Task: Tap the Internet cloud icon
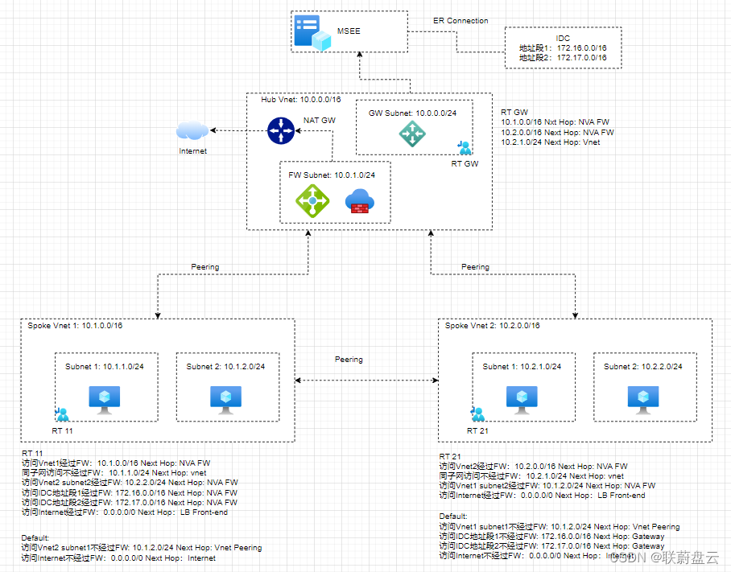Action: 192,130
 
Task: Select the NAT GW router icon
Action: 282,130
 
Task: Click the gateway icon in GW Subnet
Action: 412,134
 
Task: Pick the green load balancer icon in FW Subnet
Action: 312,200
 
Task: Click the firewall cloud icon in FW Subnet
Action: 359,202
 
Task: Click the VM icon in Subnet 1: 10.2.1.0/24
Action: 522,397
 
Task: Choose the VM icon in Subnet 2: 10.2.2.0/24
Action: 642,397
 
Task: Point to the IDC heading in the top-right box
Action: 563,38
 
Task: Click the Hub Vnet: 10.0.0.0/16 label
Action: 300,100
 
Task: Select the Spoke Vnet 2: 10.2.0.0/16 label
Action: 492,326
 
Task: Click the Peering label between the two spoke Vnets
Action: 349,360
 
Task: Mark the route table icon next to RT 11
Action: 62,414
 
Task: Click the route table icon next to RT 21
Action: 478,414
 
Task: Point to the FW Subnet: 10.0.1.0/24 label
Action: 332,174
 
